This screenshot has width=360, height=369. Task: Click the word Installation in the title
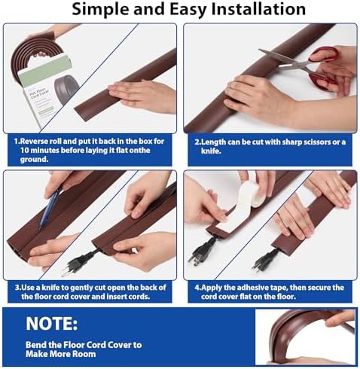click(258, 9)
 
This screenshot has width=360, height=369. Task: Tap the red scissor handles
click(324, 66)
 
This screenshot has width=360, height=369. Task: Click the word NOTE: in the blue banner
click(52, 323)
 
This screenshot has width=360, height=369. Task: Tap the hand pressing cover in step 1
click(142, 96)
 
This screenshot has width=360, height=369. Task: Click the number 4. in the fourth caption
click(197, 288)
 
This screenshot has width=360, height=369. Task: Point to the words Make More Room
click(60, 354)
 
